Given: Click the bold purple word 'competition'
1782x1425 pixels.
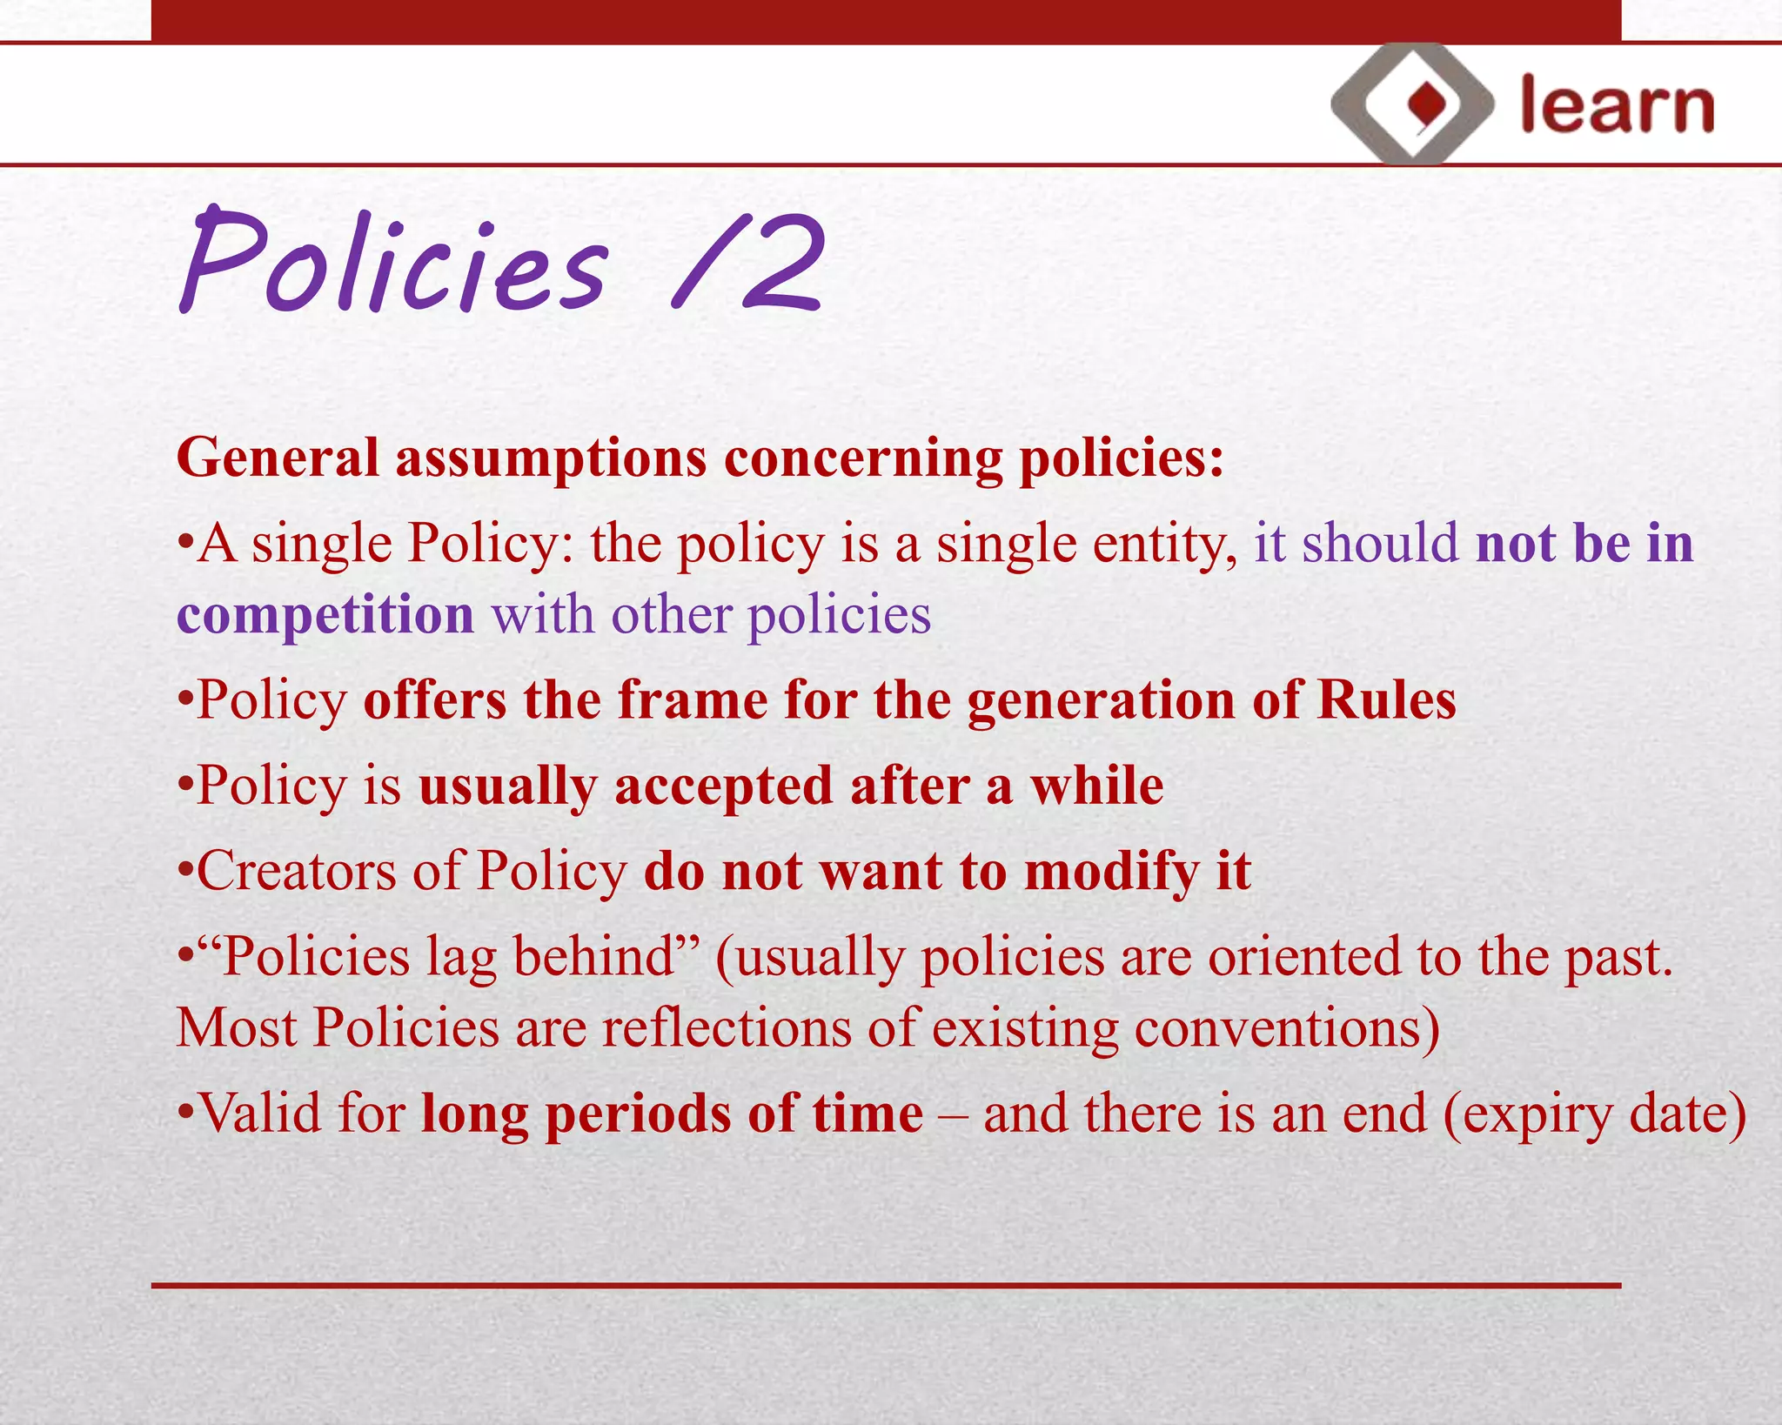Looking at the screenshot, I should click(325, 616).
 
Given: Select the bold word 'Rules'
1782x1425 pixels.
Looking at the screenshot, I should click(1385, 700).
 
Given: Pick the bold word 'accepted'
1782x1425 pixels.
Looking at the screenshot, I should click(723, 786).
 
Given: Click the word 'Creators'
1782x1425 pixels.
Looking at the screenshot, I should click(296, 872).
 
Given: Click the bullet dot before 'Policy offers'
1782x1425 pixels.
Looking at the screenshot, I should click(184, 701).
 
